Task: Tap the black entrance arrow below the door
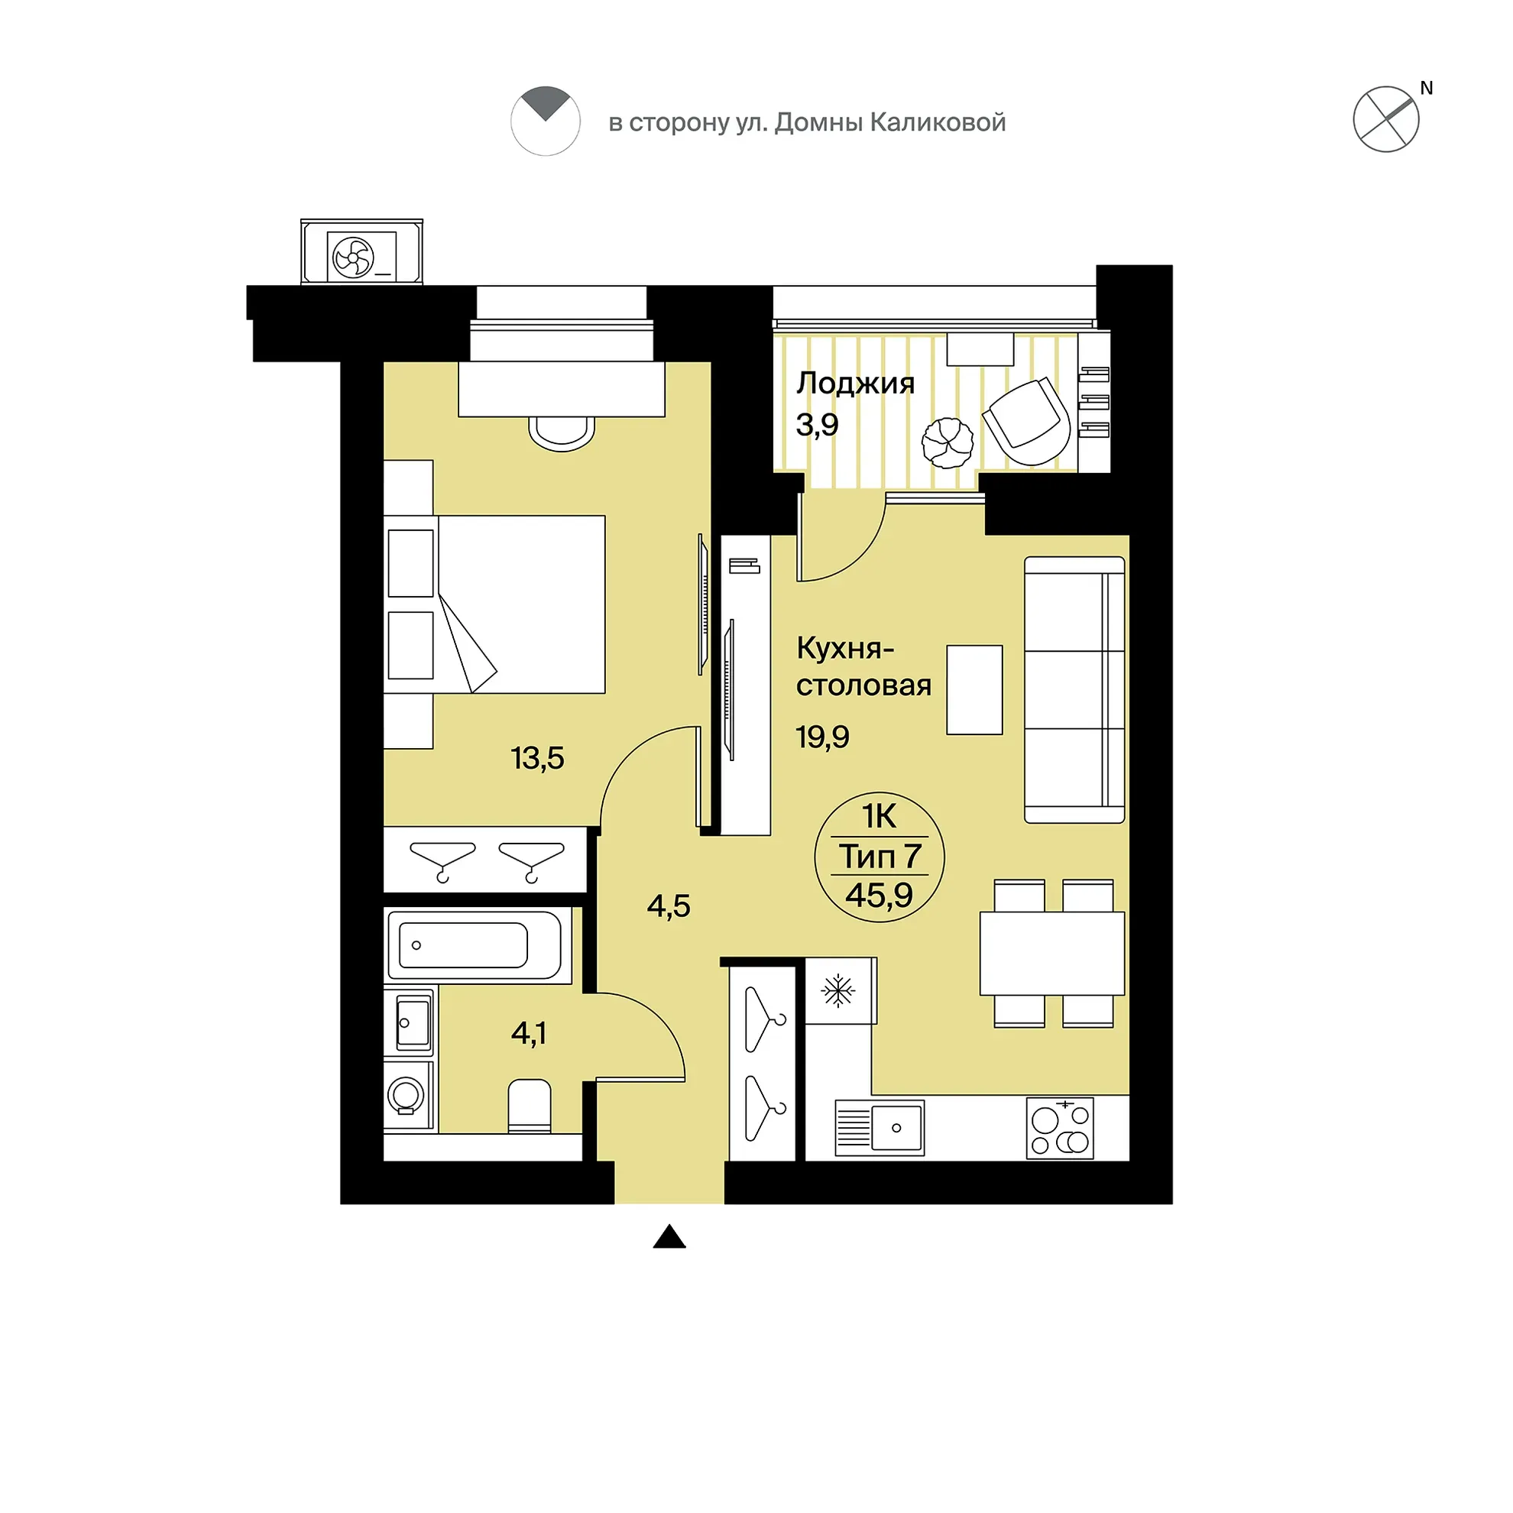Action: coord(669,1236)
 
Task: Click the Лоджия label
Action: coord(855,383)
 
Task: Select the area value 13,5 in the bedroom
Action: coord(537,758)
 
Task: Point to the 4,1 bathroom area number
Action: coord(529,1034)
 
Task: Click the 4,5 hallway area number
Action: coord(668,906)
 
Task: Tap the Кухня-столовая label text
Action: coord(863,667)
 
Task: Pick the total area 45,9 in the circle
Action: coord(879,894)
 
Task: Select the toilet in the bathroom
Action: coord(530,1105)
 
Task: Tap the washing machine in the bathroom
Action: coord(407,1094)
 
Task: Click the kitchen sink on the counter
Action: coord(880,1128)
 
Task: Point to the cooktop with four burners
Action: coord(1060,1127)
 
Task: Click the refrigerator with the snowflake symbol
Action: coord(841,990)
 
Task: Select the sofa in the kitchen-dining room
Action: coord(1074,690)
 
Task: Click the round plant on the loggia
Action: coord(948,442)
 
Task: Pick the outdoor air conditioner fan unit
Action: coord(361,252)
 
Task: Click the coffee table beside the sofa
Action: coord(974,690)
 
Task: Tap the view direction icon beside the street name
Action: coord(545,121)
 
